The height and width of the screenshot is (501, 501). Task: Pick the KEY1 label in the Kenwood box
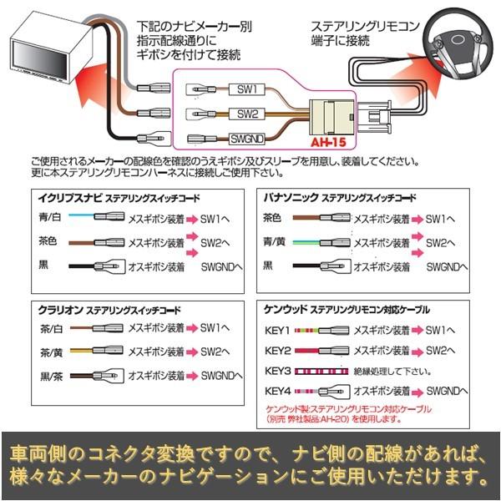pos(276,330)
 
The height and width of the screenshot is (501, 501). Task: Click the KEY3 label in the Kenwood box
pos(276,371)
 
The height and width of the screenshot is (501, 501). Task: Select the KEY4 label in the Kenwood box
pos(276,391)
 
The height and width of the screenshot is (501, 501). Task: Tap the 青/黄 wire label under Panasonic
pos(275,242)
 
